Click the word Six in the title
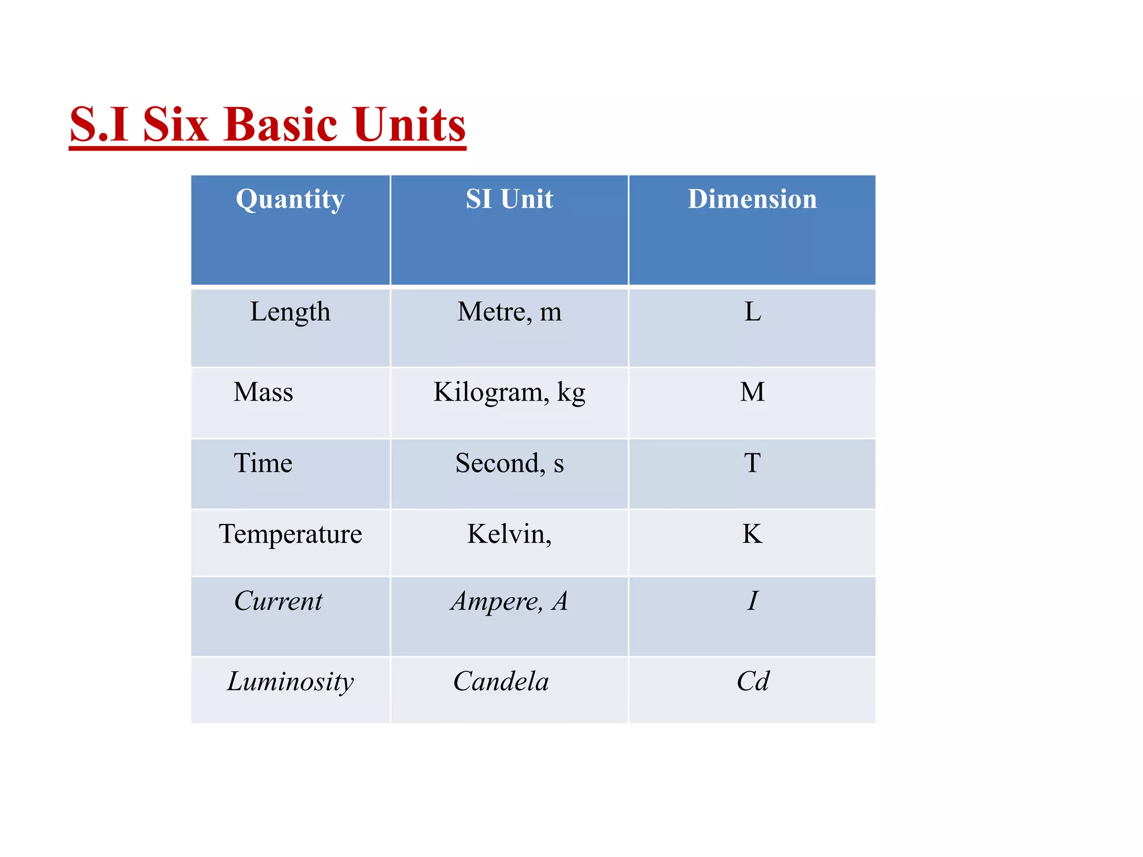(x=176, y=124)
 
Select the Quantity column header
(x=290, y=199)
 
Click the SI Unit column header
(x=509, y=199)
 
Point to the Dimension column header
(x=752, y=199)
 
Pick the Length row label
(x=290, y=312)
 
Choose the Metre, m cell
(x=509, y=312)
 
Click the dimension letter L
(x=752, y=312)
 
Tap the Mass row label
(x=263, y=392)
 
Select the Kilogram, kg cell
(x=509, y=392)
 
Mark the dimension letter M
(x=752, y=392)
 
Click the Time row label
(x=263, y=463)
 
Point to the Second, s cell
(x=509, y=463)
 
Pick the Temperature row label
(x=290, y=535)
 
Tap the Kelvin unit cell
(x=509, y=535)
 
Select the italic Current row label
(x=278, y=601)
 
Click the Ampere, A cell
(x=509, y=601)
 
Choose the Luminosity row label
(x=290, y=682)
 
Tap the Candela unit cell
(x=501, y=682)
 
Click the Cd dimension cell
(x=752, y=682)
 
